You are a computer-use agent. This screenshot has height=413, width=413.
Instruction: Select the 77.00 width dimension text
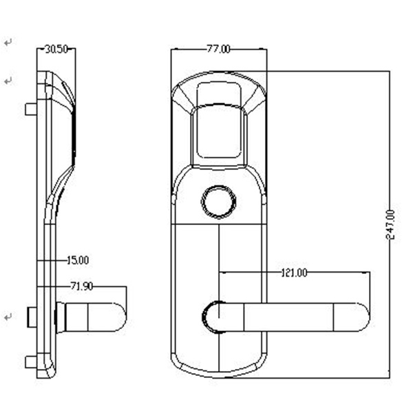click(x=218, y=49)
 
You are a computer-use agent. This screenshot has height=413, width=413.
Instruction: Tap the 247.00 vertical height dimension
click(x=391, y=224)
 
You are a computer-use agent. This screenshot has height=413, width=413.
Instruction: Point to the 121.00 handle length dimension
click(x=294, y=273)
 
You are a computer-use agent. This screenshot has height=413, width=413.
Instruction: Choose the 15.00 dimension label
click(x=78, y=260)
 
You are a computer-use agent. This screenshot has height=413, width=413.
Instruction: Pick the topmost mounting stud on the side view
click(x=30, y=109)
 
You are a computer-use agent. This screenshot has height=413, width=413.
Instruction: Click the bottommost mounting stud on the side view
click(x=30, y=362)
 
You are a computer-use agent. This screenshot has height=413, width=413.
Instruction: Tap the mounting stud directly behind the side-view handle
click(x=32, y=317)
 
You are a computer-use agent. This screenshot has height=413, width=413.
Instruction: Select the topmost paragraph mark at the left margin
click(x=8, y=43)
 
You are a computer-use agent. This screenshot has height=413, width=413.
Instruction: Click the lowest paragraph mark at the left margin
click(x=8, y=317)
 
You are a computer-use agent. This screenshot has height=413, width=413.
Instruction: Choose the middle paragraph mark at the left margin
click(x=8, y=81)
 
